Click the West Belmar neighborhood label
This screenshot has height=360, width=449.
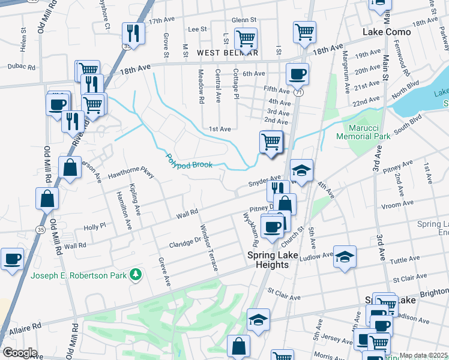pyautogui.click(x=223, y=53)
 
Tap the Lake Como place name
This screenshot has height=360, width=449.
pyautogui.click(x=387, y=32)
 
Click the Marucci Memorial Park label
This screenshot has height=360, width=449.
pyautogui.click(x=369, y=132)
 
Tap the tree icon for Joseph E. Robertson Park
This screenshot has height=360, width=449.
pyautogui.click(x=137, y=275)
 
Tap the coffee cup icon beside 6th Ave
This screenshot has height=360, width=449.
pyautogui.click(x=297, y=74)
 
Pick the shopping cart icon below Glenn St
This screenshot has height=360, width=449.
pyautogui.click(x=246, y=39)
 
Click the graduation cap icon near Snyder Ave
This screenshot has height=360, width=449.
pyautogui.click(x=301, y=170)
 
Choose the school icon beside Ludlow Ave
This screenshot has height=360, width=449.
pyautogui.click(x=345, y=257)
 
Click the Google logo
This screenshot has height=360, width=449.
pyautogui.click(x=20, y=353)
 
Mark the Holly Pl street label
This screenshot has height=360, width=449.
pyautogui.click(x=94, y=227)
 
